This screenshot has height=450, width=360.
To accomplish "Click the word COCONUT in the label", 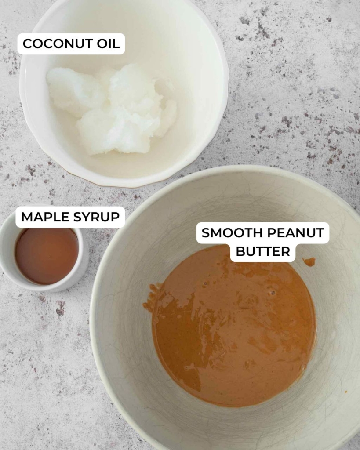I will point(55,44).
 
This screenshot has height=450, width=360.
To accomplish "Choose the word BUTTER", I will point(263,251).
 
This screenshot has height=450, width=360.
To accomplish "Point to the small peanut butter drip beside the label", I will point(309,262).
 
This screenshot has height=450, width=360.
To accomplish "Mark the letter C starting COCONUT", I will point(27,44).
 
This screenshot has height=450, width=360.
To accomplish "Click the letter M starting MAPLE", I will point(26,217).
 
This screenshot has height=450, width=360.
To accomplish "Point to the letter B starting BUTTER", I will point(240,251).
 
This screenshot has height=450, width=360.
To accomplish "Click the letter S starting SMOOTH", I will point(205,233).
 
